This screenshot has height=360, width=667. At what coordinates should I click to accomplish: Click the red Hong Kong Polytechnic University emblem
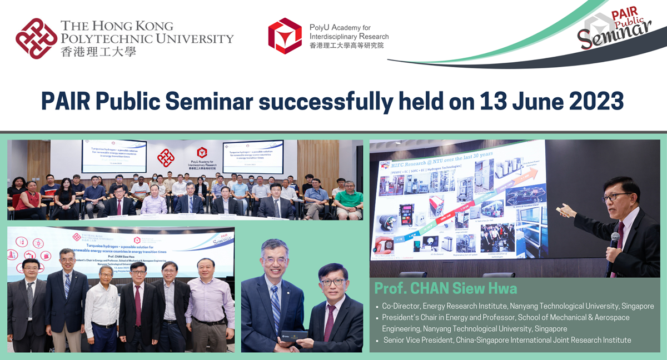coord(37,38)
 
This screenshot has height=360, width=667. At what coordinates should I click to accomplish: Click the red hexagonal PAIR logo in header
coord(285,36)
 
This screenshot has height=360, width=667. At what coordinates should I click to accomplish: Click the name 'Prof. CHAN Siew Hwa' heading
coord(445,288)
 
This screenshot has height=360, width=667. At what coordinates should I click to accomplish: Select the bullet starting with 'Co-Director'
coord(517,306)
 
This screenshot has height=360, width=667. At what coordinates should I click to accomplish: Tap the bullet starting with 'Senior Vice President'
coord(507,340)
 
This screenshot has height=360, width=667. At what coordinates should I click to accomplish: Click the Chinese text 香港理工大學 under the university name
coord(98,51)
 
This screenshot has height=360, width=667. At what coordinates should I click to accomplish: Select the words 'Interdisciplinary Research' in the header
coord(349,36)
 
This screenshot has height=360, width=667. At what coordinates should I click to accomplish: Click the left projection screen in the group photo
coord(113,156)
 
